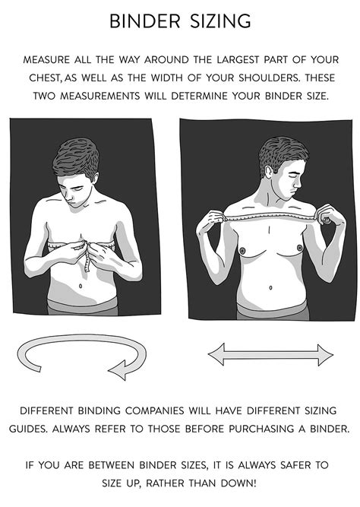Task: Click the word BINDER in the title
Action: point(144,21)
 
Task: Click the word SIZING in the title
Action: point(220,21)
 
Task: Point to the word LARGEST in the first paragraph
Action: point(238,60)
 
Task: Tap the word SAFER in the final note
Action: point(295,465)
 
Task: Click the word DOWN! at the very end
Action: point(238,483)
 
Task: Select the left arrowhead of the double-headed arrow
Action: point(216,355)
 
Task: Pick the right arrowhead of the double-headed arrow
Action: point(325,355)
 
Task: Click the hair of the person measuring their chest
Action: point(76,158)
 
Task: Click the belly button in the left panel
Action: point(81,286)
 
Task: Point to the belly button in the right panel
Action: point(270,287)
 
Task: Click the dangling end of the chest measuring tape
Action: point(87,264)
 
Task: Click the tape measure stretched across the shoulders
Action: point(271,216)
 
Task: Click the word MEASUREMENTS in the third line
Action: point(99,96)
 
